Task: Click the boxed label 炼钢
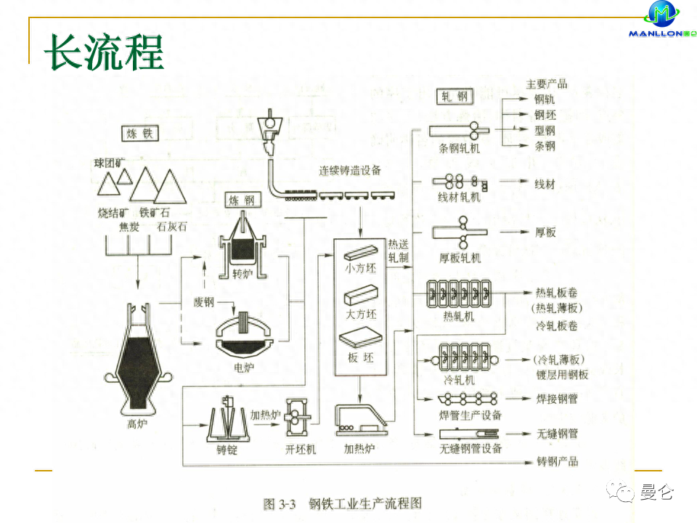click(241, 200)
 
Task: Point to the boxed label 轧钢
click(455, 96)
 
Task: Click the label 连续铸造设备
click(349, 171)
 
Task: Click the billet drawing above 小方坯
click(360, 254)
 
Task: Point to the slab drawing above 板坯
click(360, 340)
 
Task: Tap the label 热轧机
click(458, 317)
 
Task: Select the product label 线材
click(545, 185)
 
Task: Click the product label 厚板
click(545, 232)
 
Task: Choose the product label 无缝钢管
click(557, 434)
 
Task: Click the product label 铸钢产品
click(557, 461)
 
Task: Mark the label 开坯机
click(301, 450)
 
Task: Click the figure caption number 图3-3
click(279, 503)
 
